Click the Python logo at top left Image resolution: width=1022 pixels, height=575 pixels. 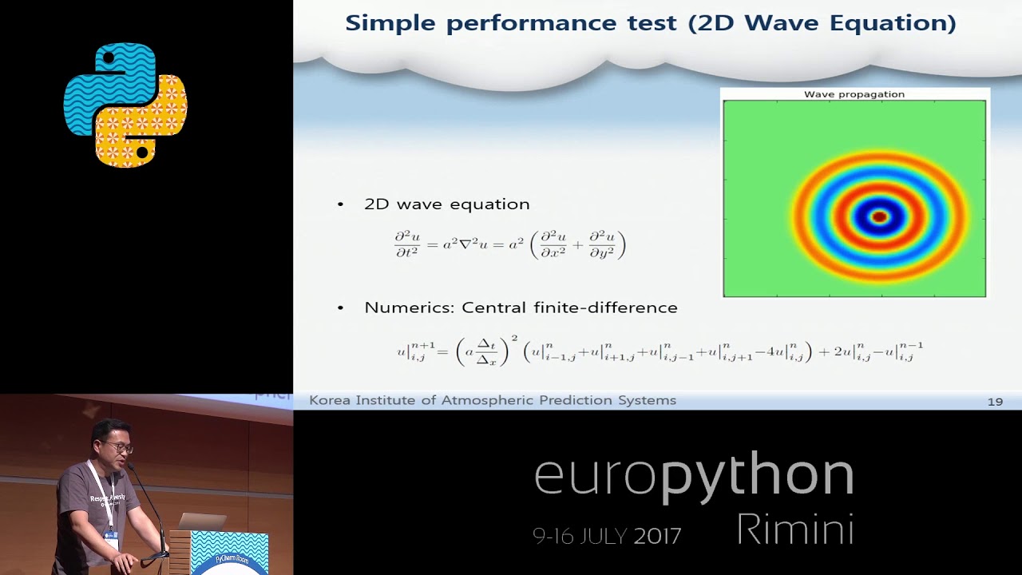coord(125,105)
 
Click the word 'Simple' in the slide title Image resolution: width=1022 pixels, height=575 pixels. coord(390,22)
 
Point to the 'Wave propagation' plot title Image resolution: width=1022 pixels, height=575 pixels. coord(854,94)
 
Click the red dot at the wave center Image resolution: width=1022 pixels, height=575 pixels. coord(879,216)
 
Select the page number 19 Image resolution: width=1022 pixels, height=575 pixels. coord(995,401)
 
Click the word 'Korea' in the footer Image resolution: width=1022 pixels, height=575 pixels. coord(329,400)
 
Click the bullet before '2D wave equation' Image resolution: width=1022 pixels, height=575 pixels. coord(341,204)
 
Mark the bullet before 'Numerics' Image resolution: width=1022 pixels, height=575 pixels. coord(341,307)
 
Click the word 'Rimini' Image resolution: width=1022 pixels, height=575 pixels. coord(794,529)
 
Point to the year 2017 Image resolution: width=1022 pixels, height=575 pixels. coord(657,535)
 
